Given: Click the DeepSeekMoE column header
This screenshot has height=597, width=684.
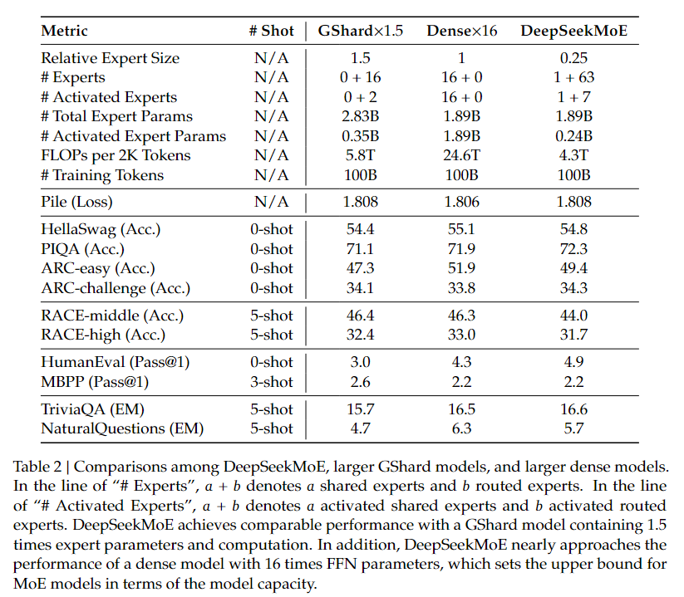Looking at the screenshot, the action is click(573, 31).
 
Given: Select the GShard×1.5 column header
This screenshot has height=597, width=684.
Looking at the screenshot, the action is click(361, 31).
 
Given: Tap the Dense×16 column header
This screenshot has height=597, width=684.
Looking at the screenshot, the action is click(461, 31).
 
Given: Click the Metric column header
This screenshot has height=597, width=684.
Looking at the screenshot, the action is click(64, 31).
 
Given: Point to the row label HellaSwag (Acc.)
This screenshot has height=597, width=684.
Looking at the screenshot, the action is click(101, 230).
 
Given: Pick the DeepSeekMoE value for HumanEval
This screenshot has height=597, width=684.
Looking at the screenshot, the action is click(573, 362).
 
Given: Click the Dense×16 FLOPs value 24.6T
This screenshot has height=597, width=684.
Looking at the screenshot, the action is click(461, 155).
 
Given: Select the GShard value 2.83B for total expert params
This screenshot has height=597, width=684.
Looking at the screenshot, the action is click(361, 116).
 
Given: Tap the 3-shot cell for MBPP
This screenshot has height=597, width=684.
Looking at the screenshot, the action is click(271, 382).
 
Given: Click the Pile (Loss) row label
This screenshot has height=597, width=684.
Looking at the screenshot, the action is click(76, 203).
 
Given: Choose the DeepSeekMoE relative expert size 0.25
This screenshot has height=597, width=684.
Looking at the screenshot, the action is click(573, 58).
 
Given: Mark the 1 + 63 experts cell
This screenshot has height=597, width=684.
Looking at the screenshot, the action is click(573, 77).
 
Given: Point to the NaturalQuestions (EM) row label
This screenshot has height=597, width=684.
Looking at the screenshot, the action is click(122, 428).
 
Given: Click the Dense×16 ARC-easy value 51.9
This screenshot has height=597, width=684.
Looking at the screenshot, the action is click(461, 268).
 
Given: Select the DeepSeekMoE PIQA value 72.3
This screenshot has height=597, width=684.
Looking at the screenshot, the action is click(573, 249).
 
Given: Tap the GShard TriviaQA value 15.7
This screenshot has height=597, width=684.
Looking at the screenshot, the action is click(361, 409).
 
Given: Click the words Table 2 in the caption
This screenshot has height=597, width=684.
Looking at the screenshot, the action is click(37, 467).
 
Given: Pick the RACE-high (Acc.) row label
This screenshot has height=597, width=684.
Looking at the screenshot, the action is click(103, 335).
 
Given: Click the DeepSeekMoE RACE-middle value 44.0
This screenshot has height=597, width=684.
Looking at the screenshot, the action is click(573, 316).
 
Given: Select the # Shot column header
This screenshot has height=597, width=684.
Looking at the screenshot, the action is click(271, 31).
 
